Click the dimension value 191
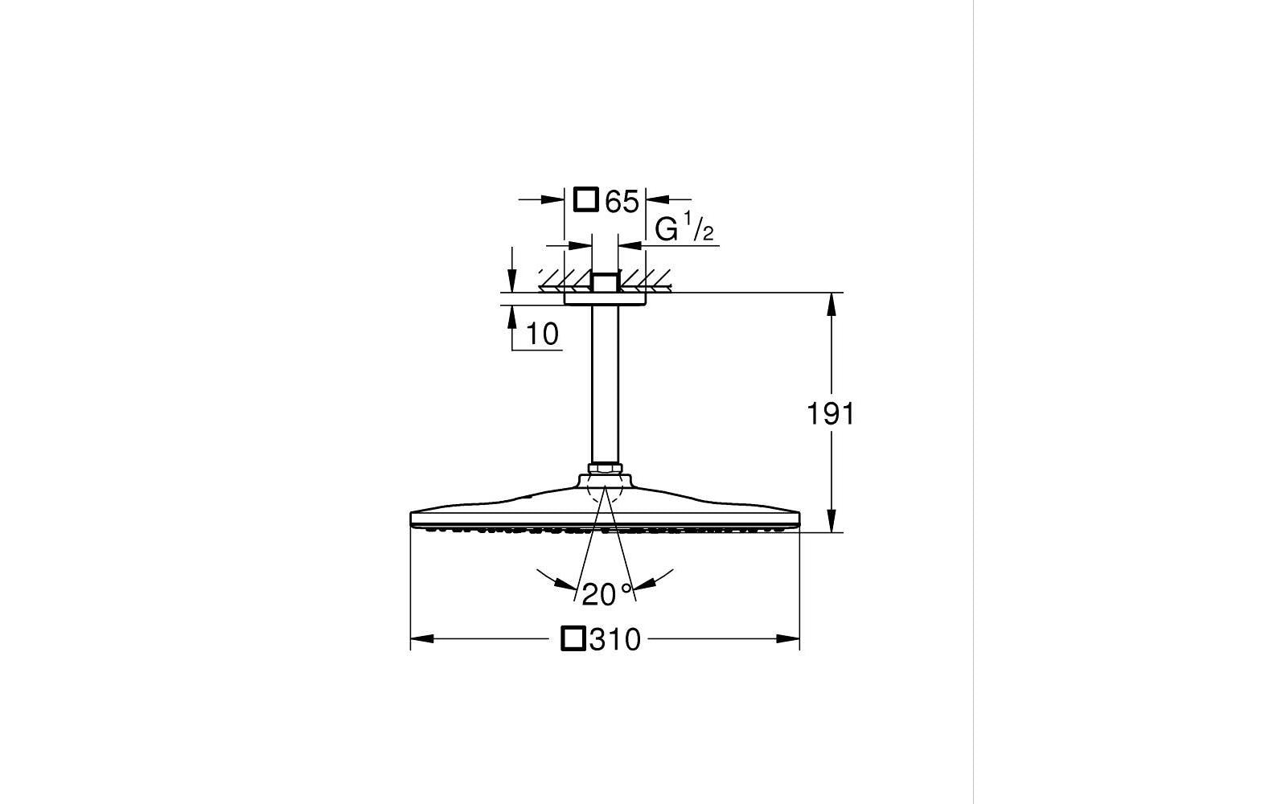point(831,414)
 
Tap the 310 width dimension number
point(615,640)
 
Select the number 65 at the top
point(622,202)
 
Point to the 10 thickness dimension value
point(542,334)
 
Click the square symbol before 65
point(586,200)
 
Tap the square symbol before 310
point(573,638)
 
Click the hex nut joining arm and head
point(605,469)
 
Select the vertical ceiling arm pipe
point(605,384)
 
